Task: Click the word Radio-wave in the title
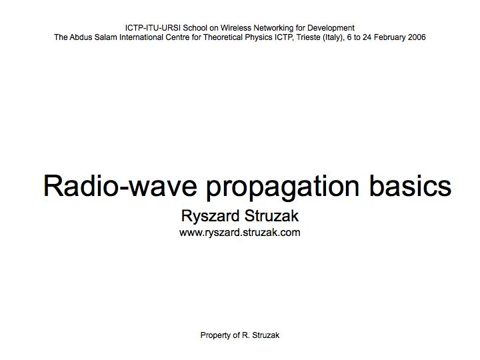(120, 186)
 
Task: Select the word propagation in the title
(283, 187)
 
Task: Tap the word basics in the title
(410, 185)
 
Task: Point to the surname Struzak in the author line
(271, 215)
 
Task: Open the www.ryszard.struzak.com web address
(240, 233)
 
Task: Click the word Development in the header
(331, 28)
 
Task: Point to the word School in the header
(195, 28)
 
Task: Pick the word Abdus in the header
(81, 37)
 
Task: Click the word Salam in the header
(105, 37)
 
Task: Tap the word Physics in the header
(259, 37)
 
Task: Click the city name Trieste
(309, 37)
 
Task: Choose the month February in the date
(390, 37)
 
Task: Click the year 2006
(417, 37)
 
